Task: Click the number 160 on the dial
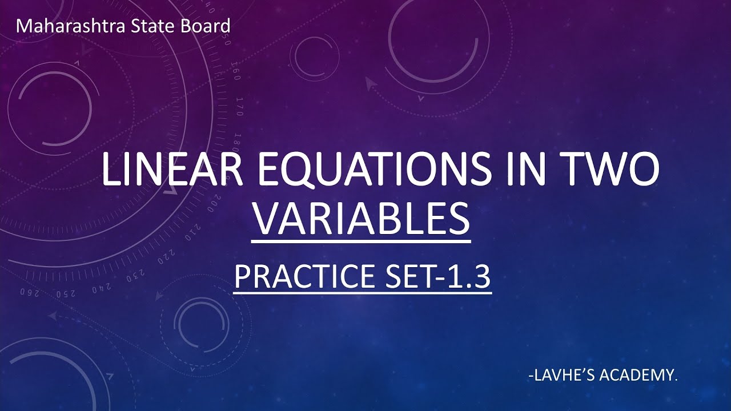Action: [236, 74]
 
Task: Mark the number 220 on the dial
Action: [163, 260]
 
